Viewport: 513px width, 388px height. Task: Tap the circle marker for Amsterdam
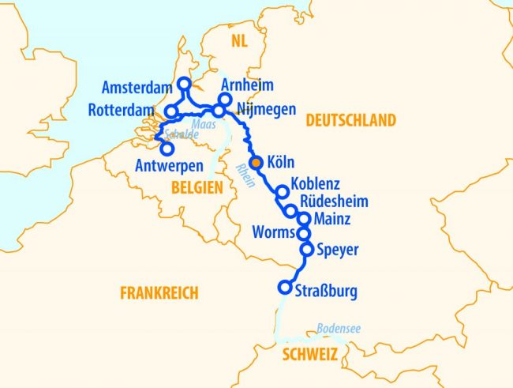184,83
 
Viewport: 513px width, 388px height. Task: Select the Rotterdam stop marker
171,111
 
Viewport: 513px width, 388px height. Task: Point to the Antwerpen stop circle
167,148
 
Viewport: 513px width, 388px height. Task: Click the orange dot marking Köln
255,162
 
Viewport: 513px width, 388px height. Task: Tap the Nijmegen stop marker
219,111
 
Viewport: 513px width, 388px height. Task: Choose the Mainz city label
332,218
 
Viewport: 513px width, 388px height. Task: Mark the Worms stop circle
304,233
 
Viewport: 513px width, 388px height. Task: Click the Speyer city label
337,251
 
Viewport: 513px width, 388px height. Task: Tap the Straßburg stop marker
285,288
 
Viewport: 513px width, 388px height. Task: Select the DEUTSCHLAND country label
350,121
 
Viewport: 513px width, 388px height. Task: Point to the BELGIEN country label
195,186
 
